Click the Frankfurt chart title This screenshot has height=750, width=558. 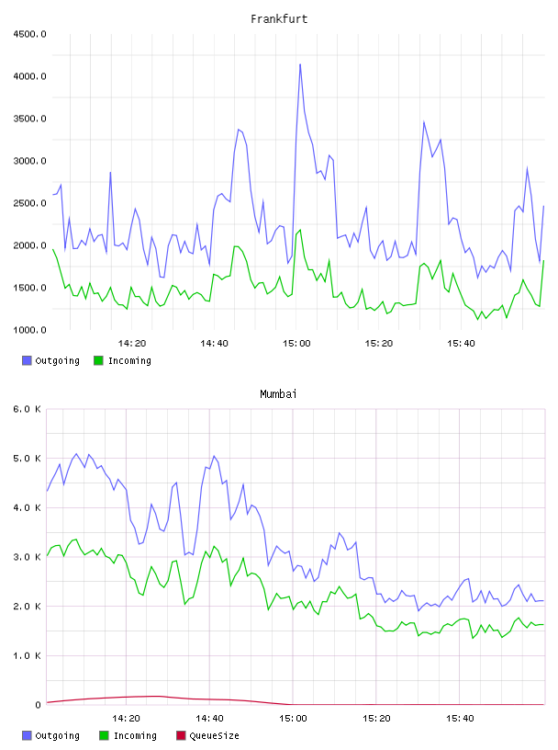[x=279, y=18]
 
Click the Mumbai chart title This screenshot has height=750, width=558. [x=278, y=393]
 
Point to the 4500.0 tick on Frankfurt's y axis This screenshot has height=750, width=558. [x=29, y=34]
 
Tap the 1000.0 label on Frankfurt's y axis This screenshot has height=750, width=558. [x=29, y=330]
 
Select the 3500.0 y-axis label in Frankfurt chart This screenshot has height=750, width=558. [x=29, y=119]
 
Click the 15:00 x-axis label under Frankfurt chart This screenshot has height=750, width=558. [x=296, y=343]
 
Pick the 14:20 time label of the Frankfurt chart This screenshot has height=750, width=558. [x=132, y=343]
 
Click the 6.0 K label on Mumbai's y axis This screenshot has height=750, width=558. [x=27, y=409]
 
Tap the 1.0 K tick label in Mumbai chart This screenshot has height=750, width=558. [x=27, y=655]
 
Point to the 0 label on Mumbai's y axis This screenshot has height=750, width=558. [x=38, y=705]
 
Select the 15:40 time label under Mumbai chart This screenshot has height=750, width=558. [x=460, y=718]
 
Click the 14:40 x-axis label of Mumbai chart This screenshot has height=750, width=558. [x=209, y=718]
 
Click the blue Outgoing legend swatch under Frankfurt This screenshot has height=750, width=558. [x=27, y=360]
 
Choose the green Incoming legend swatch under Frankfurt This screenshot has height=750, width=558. [x=98, y=360]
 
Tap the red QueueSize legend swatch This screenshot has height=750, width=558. [x=181, y=735]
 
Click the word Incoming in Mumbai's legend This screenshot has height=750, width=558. [x=135, y=735]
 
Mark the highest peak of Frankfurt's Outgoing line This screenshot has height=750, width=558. [x=300, y=64]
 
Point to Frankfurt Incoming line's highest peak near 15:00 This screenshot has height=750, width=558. [x=300, y=230]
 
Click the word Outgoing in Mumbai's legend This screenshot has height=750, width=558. [x=57, y=735]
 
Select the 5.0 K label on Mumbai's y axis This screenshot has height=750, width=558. [x=27, y=459]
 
